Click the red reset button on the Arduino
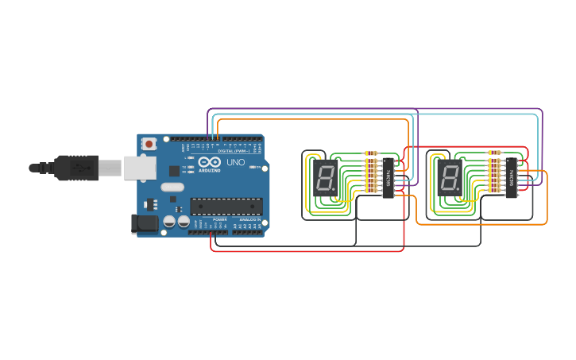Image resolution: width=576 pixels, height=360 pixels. (149, 144)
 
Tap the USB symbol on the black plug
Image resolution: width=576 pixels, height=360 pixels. (79, 168)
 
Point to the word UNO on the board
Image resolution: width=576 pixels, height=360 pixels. (236, 162)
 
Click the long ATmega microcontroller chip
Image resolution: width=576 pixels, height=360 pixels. (226, 207)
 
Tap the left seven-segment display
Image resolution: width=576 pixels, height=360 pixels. (325, 178)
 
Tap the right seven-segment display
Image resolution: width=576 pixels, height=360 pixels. (449, 178)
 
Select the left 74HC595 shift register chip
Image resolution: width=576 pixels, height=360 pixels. (388, 177)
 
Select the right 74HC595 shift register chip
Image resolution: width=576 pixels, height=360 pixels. (511, 177)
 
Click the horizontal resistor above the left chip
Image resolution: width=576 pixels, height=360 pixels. (370, 153)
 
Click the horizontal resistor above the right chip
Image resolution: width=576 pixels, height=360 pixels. (494, 152)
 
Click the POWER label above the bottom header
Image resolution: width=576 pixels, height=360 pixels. (220, 219)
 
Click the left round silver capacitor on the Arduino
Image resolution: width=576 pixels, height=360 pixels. (169, 223)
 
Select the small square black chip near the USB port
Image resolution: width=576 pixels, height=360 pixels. (174, 170)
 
